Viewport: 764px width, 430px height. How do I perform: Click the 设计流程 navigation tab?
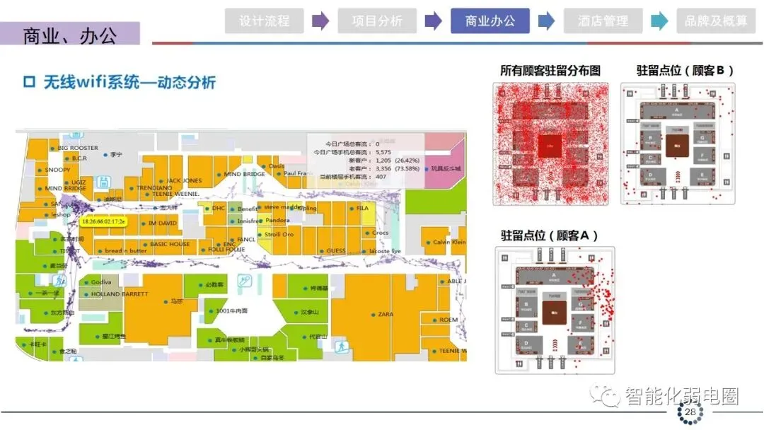coord(264,21)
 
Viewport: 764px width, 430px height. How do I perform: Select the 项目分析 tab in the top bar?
coord(377,21)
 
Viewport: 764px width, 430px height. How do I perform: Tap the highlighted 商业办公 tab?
coord(490,21)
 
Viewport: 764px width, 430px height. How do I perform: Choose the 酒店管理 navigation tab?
coord(603,21)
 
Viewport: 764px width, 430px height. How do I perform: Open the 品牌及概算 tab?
coord(716,21)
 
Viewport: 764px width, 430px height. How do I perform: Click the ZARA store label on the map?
coord(385,314)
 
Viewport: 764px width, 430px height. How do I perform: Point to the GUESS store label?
coord(335,251)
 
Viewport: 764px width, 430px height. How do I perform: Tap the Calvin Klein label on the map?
coord(449,243)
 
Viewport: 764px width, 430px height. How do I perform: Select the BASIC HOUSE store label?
coord(170,245)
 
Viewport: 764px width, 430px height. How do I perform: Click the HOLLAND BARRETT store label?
coord(120,294)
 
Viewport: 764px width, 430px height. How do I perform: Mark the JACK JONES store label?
coord(184,181)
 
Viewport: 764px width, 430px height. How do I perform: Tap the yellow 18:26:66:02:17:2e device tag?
coord(103,221)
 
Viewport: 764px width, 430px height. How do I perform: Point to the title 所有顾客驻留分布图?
coord(550,71)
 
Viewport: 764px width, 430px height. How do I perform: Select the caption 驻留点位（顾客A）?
coord(550,236)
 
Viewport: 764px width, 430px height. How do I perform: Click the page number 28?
coord(690,412)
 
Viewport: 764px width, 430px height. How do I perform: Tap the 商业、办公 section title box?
coord(70,34)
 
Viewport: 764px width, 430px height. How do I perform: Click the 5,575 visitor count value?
coord(383,152)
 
